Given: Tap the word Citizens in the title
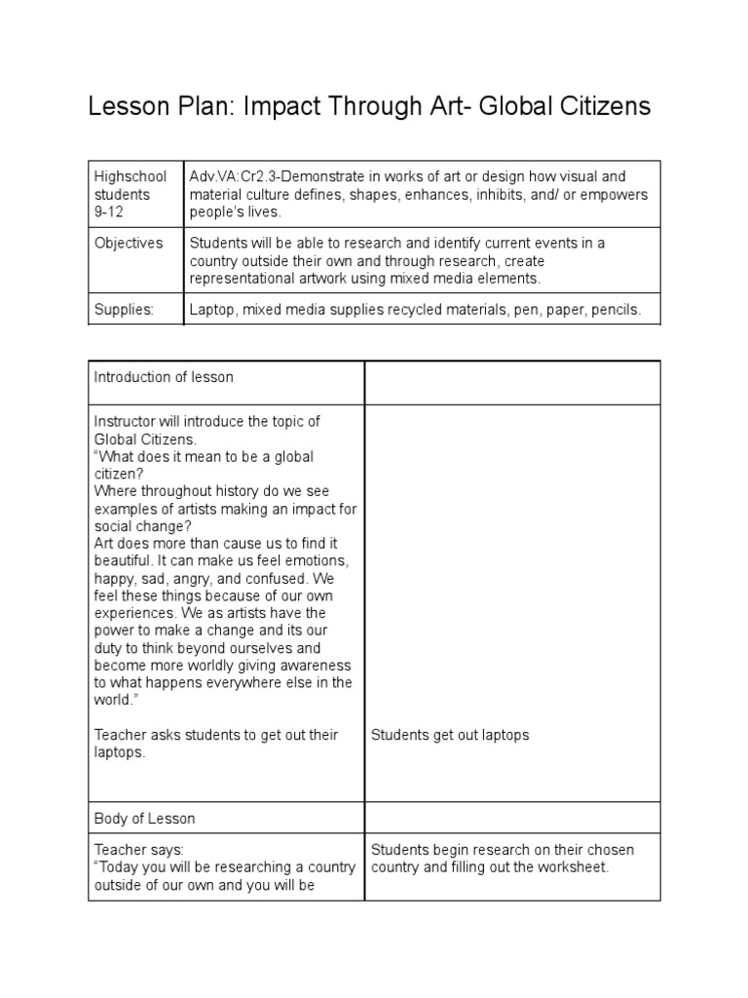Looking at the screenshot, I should (x=597, y=106).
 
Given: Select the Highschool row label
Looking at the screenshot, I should (x=130, y=176).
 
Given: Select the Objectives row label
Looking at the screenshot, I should (x=129, y=243).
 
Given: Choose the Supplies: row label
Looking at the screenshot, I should (x=124, y=310).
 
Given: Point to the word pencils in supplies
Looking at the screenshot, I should (x=616, y=310).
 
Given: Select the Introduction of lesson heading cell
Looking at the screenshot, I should (x=164, y=376).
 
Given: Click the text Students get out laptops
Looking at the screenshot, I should (x=450, y=735).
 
